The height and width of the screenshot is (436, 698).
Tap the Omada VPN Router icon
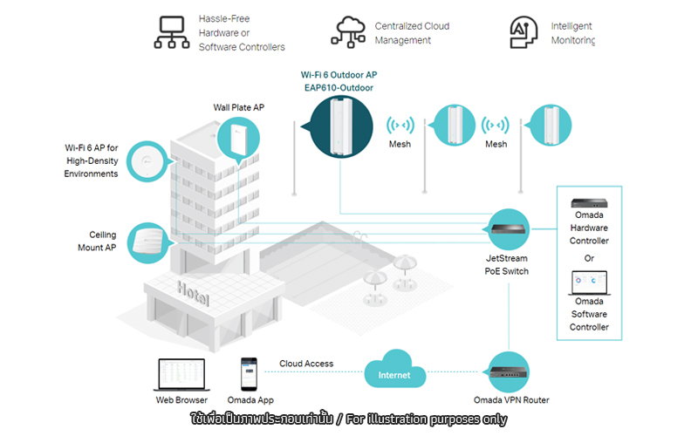[x=509, y=372]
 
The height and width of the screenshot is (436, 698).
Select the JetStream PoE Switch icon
[x=508, y=229]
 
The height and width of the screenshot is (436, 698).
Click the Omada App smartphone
[x=249, y=374]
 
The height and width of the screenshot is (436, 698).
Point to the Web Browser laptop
[x=181, y=375]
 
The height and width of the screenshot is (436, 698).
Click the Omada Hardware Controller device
[x=589, y=203]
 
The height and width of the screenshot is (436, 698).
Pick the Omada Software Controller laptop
[x=589, y=283]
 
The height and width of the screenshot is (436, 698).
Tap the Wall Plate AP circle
[x=238, y=139]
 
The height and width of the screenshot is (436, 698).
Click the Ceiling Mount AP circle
[x=148, y=243]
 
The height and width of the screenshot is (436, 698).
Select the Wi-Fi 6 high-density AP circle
[x=147, y=161]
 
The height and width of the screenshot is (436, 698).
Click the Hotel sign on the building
[x=193, y=293]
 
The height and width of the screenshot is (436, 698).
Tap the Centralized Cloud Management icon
[x=348, y=32]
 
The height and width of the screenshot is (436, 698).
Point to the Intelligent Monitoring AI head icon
[x=523, y=32]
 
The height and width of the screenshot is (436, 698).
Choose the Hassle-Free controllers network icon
[x=172, y=32]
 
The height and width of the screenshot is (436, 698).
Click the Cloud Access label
[x=306, y=364]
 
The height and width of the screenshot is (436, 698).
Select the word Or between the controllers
[x=589, y=258]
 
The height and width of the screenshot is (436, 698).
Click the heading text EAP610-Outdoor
[x=339, y=88]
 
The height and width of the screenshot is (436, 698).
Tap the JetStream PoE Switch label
[x=507, y=265]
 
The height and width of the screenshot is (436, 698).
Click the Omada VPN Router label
[x=511, y=400]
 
